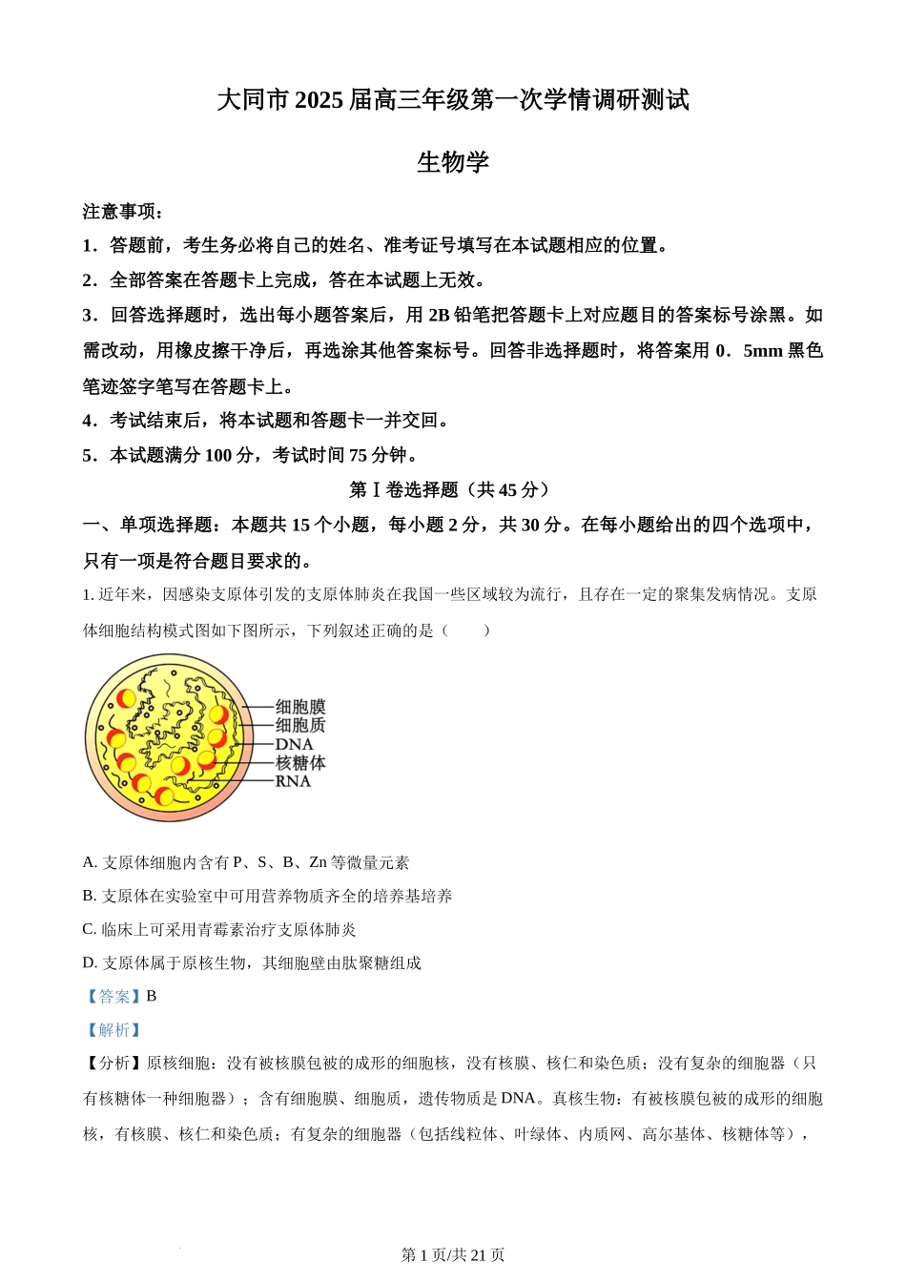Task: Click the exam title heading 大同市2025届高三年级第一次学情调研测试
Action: pos(453,100)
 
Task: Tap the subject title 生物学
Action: pos(453,162)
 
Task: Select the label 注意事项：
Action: pos(123,212)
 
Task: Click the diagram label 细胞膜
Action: pos(300,707)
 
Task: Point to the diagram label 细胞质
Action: pos(300,725)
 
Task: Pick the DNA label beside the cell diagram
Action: pos(294,744)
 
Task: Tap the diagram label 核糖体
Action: pos(300,763)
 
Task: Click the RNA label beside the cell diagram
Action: pos(293,781)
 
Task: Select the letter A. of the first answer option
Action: pos(90,862)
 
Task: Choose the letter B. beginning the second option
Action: pos(90,896)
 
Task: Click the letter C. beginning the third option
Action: pos(90,929)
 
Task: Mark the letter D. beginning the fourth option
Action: pos(90,962)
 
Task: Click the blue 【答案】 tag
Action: pos(113,996)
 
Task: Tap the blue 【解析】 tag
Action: pos(113,1030)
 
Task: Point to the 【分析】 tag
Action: pos(113,1064)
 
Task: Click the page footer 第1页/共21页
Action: pos(453,1255)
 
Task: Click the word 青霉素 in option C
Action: pos(222,929)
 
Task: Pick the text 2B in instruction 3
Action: pos(439,316)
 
